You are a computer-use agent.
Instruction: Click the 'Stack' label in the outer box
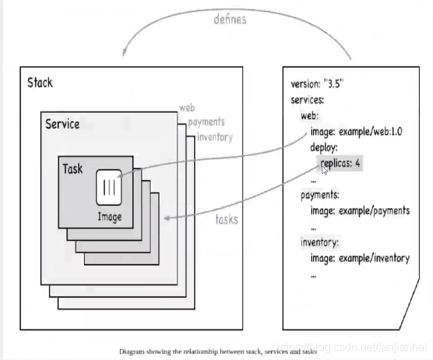tap(40, 83)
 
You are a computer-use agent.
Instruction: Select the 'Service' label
tap(62, 125)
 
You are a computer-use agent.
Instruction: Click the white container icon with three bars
tap(109, 187)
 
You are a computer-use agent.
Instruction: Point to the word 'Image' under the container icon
tap(109, 216)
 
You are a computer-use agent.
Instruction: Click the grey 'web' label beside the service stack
tap(186, 107)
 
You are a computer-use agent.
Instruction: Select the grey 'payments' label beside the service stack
tap(205, 122)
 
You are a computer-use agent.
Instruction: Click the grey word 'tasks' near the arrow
tap(226, 219)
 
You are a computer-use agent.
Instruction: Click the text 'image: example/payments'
tap(359, 211)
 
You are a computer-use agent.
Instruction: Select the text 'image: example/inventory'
tap(359, 258)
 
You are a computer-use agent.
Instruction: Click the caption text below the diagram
tap(218, 351)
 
